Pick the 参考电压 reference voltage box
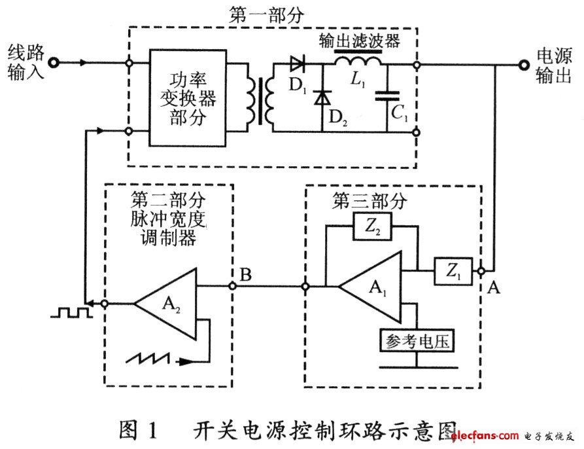(x=417, y=341)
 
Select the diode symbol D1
(x=298, y=63)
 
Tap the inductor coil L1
(x=358, y=63)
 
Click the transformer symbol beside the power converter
(x=258, y=99)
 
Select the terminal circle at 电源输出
(x=523, y=64)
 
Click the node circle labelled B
(x=232, y=286)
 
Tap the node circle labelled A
(x=481, y=270)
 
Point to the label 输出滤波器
(x=359, y=41)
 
